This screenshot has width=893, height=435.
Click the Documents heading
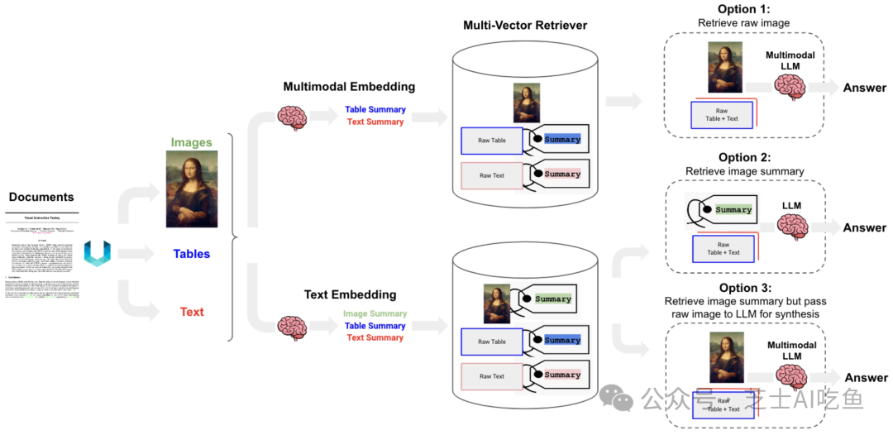coord(41,197)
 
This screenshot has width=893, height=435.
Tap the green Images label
coord(192,142)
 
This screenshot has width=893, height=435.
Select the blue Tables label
coord(191,254)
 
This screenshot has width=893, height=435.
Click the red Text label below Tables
coord(192,312)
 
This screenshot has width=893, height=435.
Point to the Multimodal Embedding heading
coord(349,87)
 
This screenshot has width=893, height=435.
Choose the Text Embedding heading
coord(350,294)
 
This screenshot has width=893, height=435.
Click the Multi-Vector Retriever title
coord(525,25)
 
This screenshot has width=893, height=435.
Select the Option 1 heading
coord(744,9)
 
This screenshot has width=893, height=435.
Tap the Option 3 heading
coord(744,288)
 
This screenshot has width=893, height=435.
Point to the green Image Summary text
coord(375,313)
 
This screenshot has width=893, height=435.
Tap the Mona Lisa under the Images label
coord(192,192)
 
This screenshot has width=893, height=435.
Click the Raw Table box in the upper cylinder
coord(492,141)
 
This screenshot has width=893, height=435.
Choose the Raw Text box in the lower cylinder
coord(492,376)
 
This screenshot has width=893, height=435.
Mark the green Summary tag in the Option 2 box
coord(733,210)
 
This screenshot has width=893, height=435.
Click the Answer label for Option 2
coord(864,227)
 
